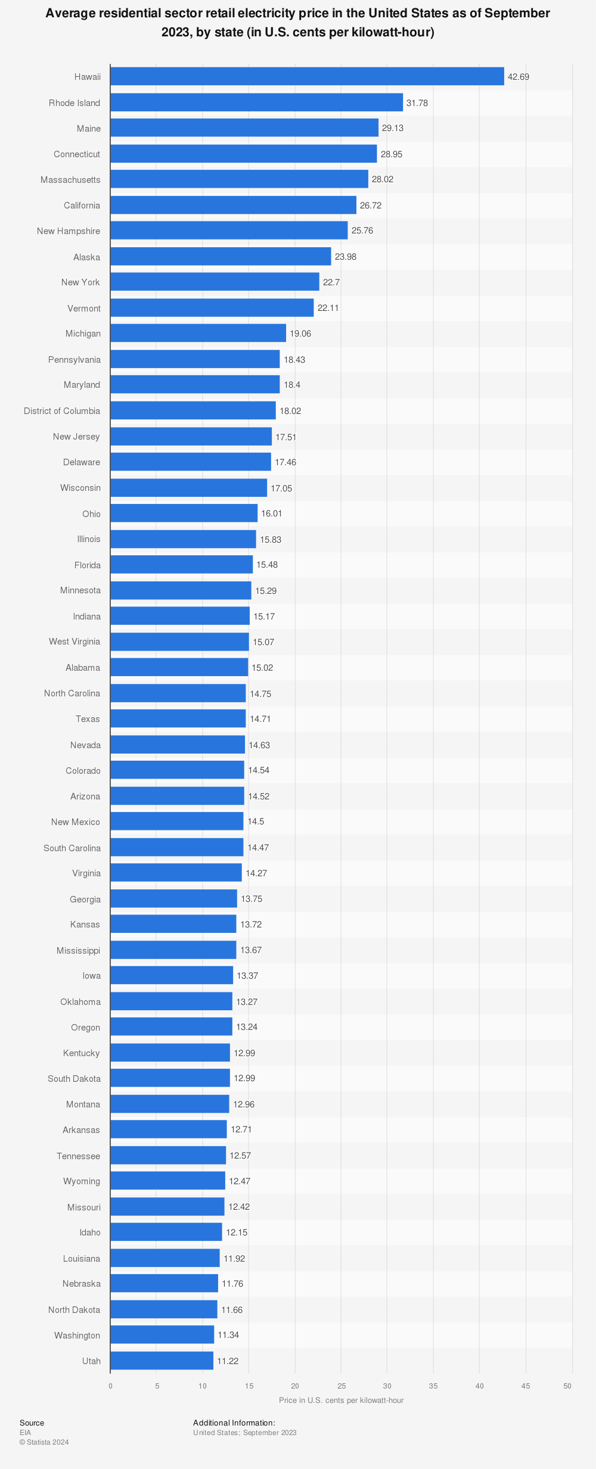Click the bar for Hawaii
coord(307,76)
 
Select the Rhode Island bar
coord(256,102)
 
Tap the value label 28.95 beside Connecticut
coord(392,154)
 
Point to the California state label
coord(82,206)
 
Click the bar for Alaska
coord(221,257)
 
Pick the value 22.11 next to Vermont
coord(328,308)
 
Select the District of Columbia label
coord(62,411)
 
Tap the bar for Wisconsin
coord(188,488)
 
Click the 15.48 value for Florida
coord(267,565)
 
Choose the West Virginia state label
coord(74,642)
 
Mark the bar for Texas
coord(178,718)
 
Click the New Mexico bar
coord(176,821)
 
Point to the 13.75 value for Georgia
coord(252,899)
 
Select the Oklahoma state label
coord(80,1002)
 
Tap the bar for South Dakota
coord(170,1078)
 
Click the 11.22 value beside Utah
coord(227,1361)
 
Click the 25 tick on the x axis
coord(341,1386)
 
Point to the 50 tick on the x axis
coord(567,1386)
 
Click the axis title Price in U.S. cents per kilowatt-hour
coord(341,1400)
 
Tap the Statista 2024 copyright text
coord(44,1442)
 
